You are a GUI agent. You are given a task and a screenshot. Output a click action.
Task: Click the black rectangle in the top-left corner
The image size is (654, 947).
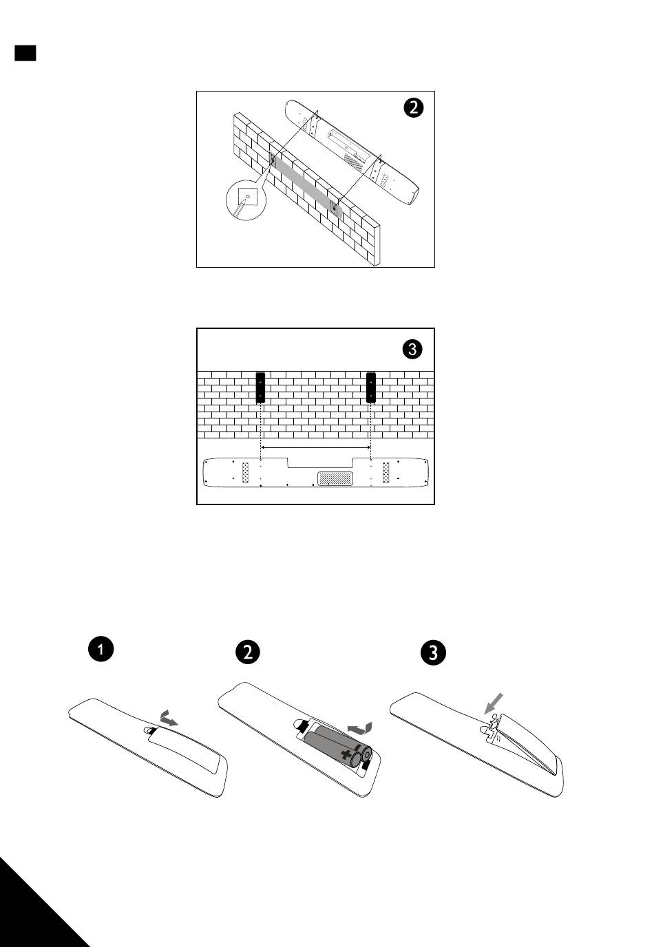[25, 53]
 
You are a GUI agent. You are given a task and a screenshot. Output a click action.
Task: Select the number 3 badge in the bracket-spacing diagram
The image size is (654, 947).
[412, 349]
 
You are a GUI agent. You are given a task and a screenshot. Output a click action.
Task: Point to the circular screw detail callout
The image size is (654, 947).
[246, 200]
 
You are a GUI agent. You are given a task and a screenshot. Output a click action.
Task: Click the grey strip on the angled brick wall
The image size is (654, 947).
[303, 184]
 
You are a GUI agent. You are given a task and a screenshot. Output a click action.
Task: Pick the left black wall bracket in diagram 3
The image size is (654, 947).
[260, 387]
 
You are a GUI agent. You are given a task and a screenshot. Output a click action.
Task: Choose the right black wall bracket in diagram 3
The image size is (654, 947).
[371, 387]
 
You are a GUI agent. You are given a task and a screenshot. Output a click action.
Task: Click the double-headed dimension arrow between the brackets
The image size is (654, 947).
[316, 447]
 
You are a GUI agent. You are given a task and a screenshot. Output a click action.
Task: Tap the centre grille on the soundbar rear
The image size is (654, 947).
[335, 478]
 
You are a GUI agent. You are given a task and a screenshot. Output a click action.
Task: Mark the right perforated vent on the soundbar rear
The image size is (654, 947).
[386, 471]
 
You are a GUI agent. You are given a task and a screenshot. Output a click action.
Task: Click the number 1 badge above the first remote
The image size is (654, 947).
[101, 649]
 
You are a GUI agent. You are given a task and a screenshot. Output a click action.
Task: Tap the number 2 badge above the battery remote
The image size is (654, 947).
[247, 652]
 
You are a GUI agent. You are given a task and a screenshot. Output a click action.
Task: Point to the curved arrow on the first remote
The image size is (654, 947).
[167, 719]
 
